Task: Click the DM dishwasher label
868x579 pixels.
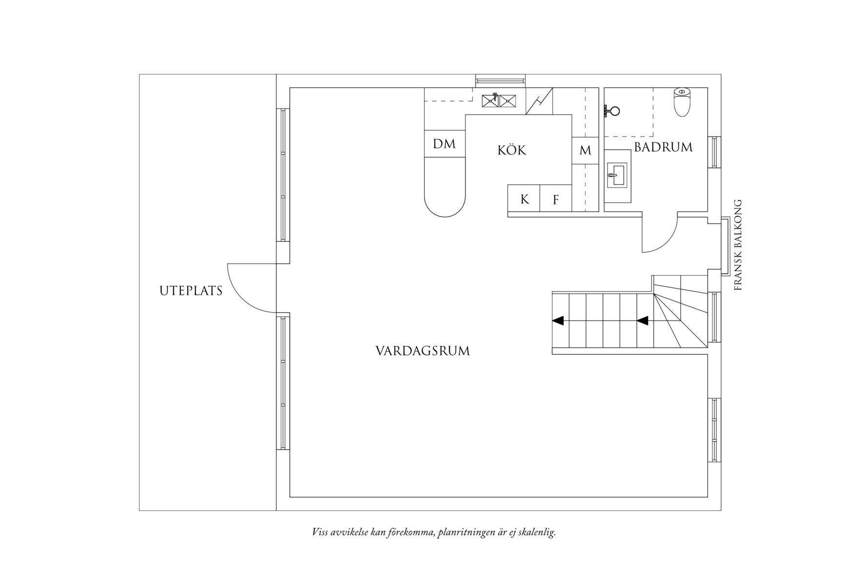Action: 444,144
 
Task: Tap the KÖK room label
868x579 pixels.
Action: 512,150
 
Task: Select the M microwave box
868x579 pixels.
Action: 585,151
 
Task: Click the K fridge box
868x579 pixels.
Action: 524,199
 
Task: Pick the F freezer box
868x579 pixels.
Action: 555,199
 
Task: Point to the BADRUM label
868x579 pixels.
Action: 663,147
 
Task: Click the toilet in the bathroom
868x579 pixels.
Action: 682,102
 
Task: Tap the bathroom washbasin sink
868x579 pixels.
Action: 616,176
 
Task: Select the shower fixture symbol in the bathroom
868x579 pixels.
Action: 611,111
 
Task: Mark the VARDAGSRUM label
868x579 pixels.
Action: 423,351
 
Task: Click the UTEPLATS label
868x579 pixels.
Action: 191,291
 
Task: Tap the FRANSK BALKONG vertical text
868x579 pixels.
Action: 738,245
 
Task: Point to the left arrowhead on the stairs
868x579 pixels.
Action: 558,320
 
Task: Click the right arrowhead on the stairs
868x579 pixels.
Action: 643,320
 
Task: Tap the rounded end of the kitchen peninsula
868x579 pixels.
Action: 445,207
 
